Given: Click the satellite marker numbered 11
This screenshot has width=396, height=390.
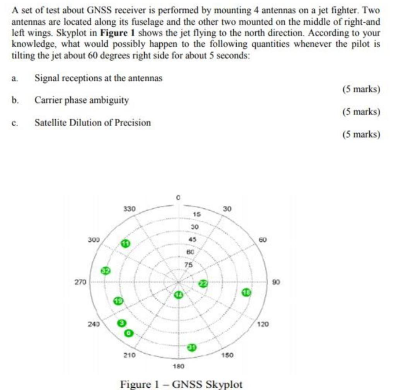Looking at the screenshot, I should click(x=125, y=243).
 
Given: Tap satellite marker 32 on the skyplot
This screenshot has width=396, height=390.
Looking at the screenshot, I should click(x=105, y=270).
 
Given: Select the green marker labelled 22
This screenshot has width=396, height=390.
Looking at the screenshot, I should click(x=203, y=284).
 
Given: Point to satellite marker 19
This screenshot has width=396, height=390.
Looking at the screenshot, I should click(x=118, y=301).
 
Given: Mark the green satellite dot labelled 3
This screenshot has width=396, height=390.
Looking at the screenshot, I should click(x=122, y=323).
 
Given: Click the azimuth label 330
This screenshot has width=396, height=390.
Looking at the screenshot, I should click(x=129, y=209).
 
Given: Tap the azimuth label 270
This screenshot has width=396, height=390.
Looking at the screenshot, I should click(x=80, y=282).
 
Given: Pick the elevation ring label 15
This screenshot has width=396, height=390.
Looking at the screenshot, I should click(x=196, y=214).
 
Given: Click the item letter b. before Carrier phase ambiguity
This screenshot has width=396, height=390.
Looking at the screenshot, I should click(x=15, y=100).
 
